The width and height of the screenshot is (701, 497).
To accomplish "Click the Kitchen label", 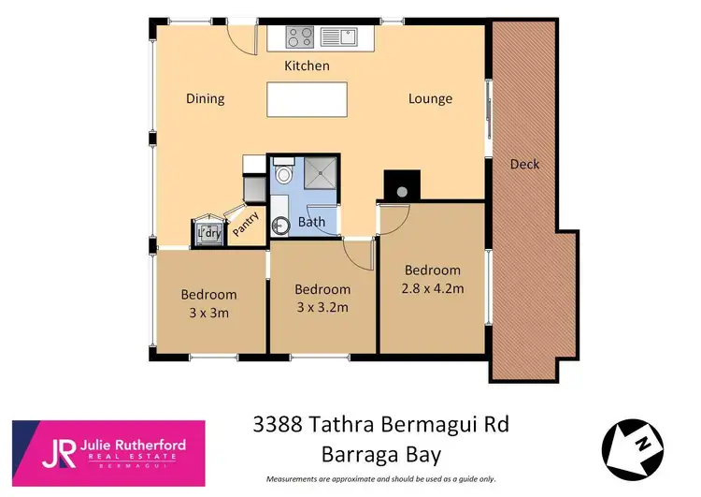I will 307,66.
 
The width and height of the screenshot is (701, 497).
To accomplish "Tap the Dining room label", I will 205,98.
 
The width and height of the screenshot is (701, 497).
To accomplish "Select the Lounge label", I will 430,98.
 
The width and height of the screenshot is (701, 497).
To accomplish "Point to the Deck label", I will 524,165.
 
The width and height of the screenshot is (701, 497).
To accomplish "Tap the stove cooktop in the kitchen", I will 299,37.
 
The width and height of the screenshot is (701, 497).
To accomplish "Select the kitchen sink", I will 338,37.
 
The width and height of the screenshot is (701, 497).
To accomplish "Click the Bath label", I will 311,223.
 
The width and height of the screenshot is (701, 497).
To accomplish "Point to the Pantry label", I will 245,225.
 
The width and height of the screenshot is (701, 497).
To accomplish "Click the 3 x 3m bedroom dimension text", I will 208,313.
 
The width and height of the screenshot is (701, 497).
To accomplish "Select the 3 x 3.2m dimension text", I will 322,307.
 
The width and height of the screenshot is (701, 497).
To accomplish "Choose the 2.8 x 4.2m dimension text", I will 433,288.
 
